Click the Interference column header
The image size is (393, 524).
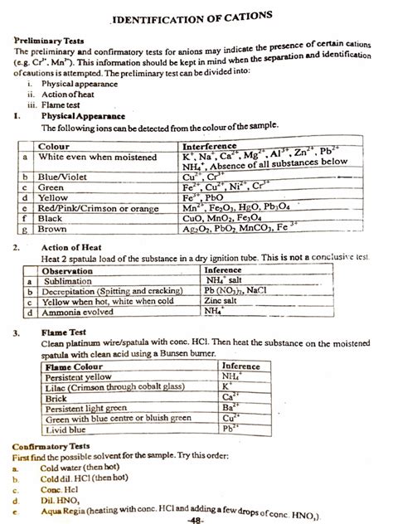pyautogui.click(x=211, y=145)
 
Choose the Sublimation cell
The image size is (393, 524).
pyautogui.click(x=69, y=281)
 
